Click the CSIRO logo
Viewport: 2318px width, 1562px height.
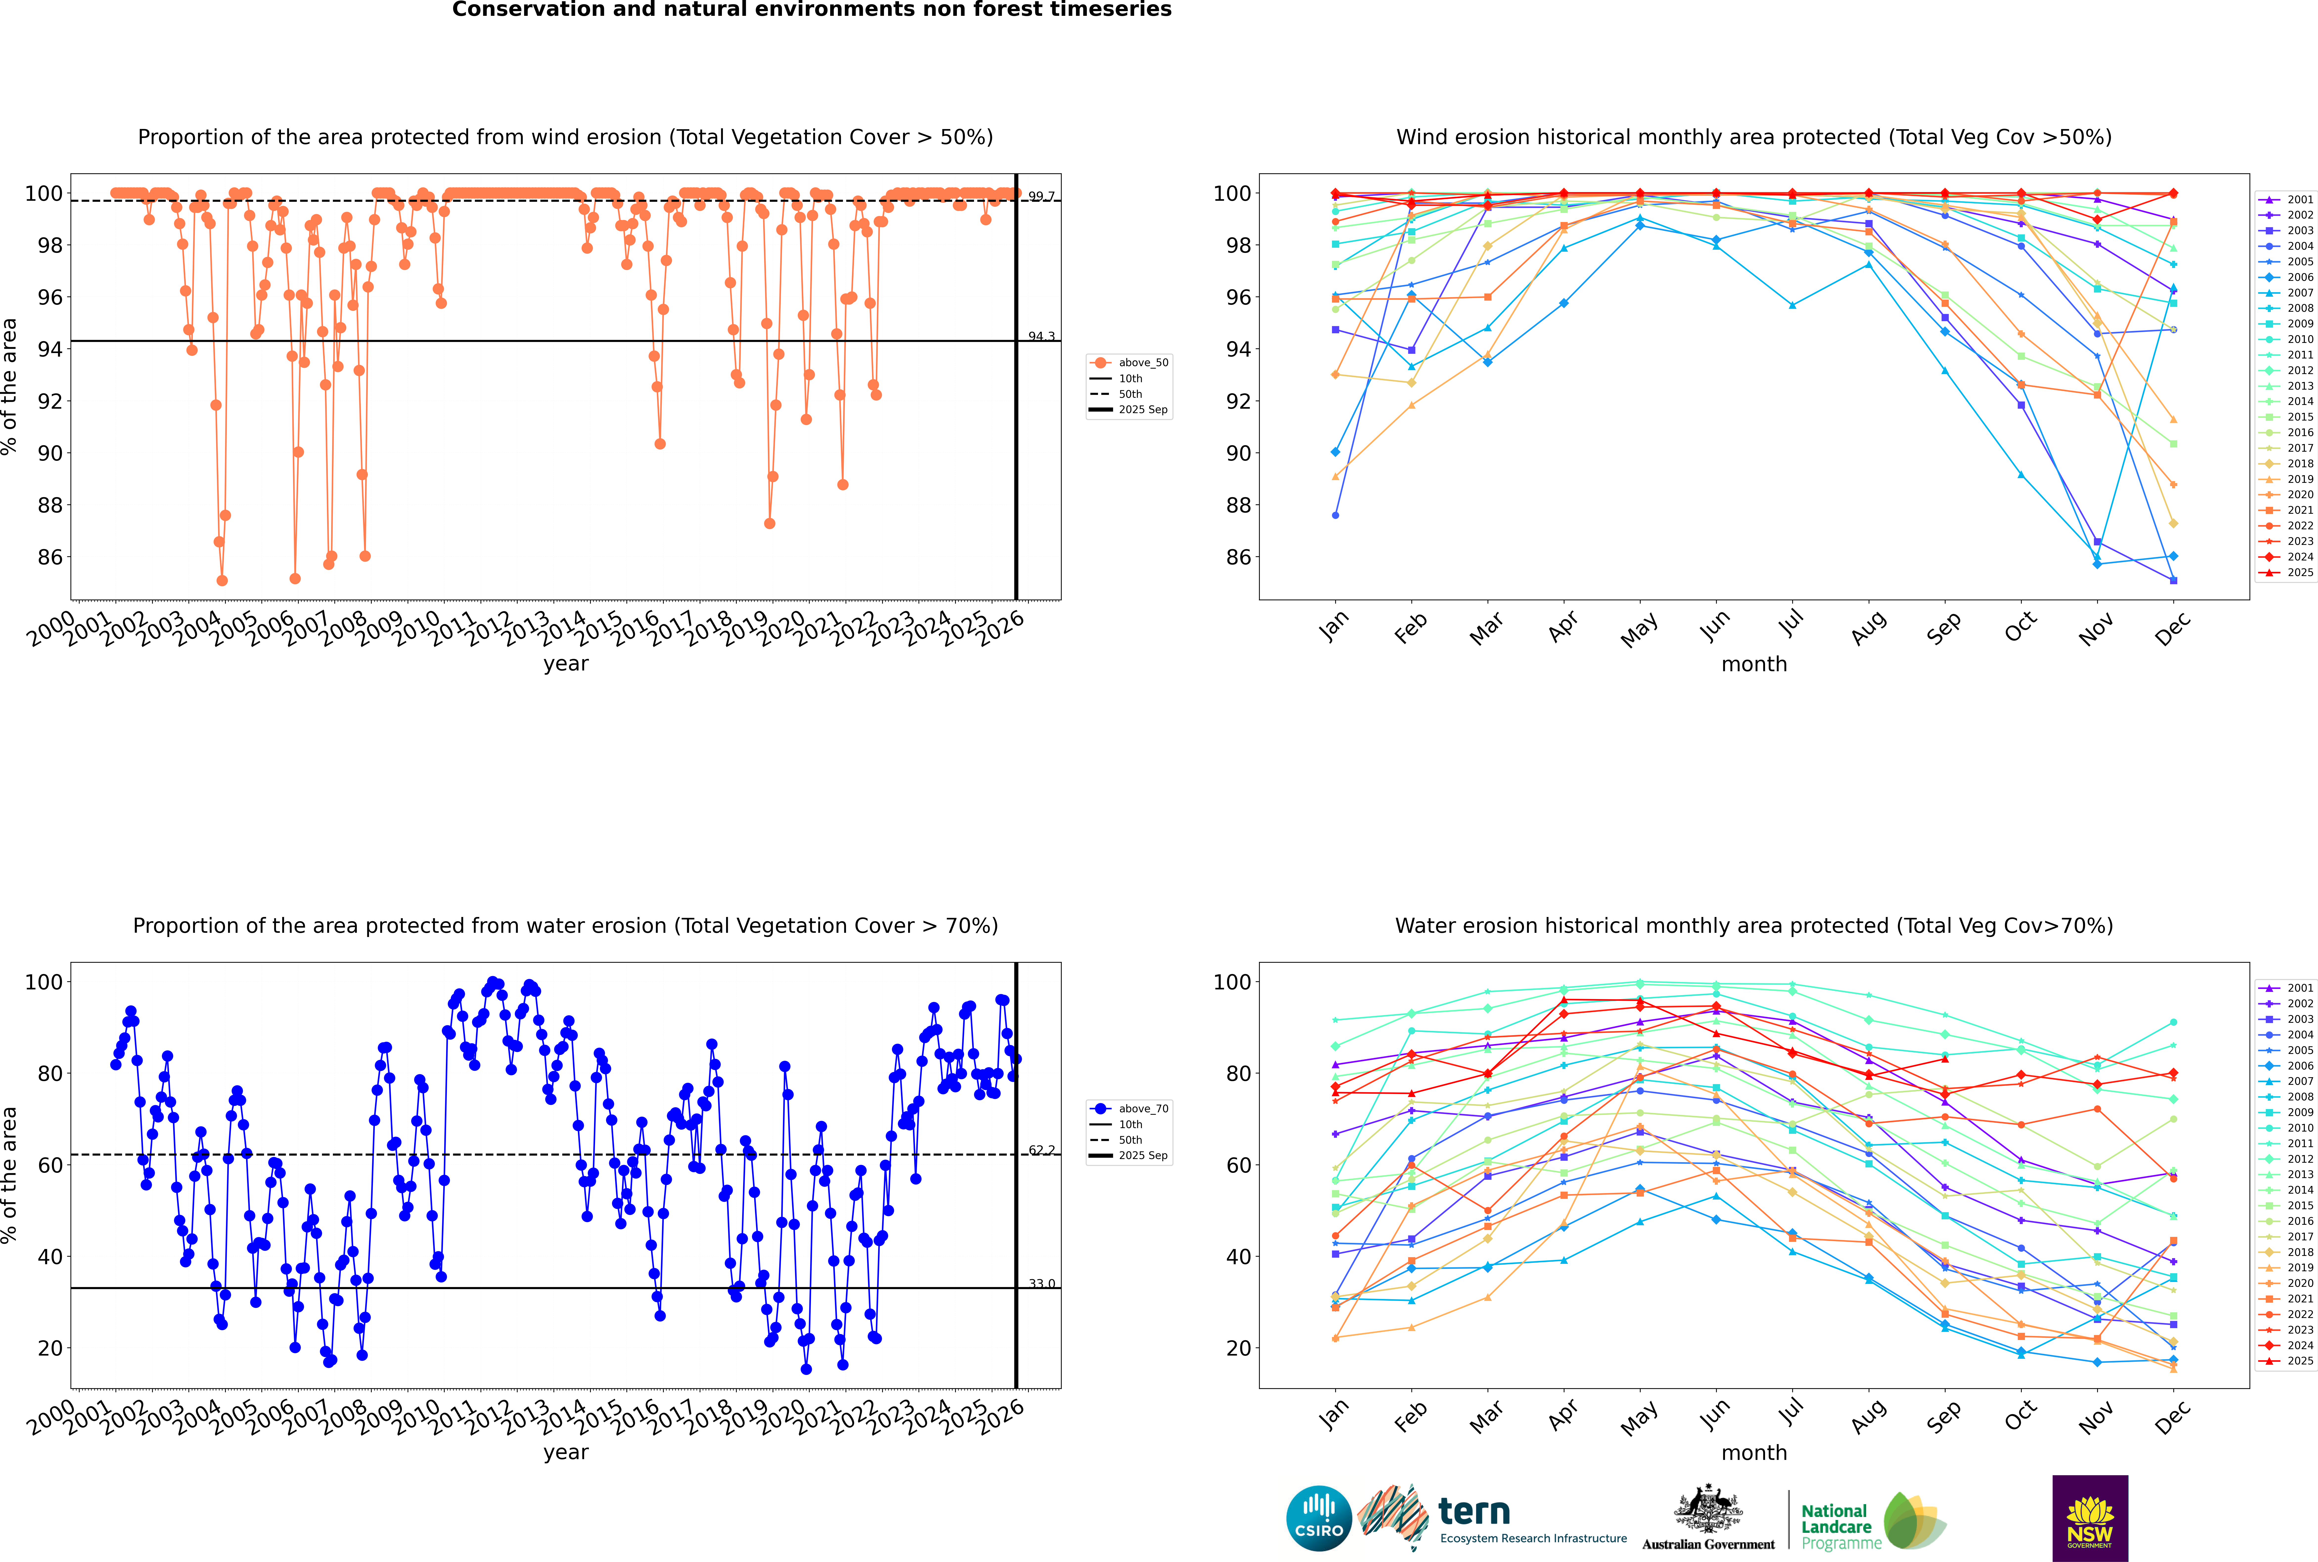(x=1318, y=1518)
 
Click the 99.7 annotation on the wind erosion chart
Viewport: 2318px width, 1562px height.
(x=1041, y=196)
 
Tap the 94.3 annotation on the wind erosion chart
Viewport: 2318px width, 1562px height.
(x=1041, y=337)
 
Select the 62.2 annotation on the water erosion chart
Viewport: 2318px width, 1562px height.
(x=1041, y=1151)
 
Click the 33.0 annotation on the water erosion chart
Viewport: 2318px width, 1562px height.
(x=1041, y=1284)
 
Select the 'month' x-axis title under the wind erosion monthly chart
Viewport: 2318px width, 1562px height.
(x=1754, y=665)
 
